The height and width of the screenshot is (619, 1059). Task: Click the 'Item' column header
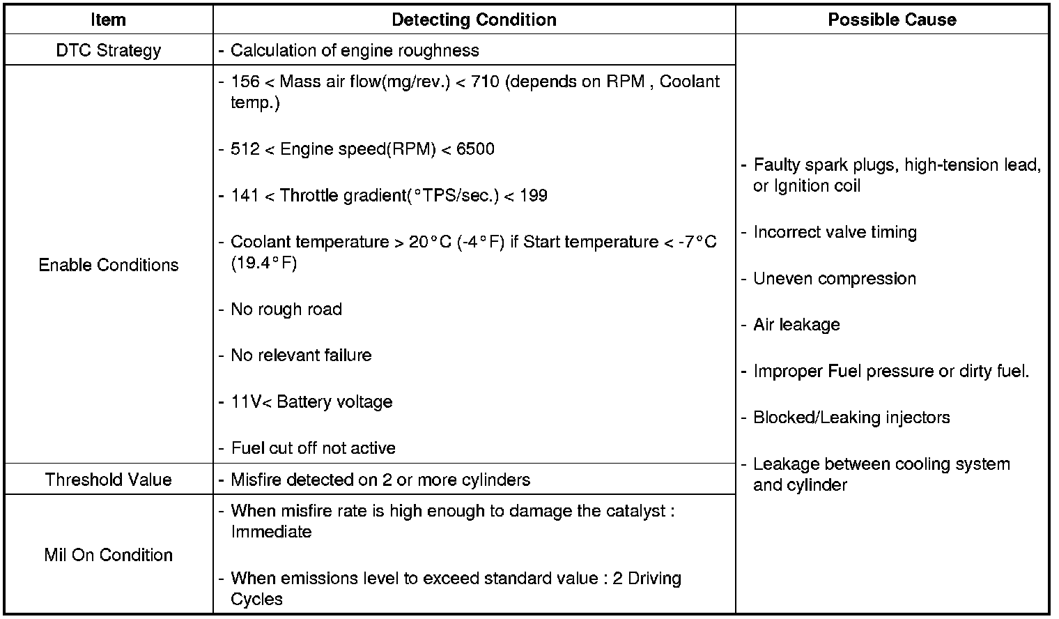pos(108,20)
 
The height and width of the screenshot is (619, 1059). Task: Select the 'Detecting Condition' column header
pos(474,20)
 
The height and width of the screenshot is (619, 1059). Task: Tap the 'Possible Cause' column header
pos(892,20)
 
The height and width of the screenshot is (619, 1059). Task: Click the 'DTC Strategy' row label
pos(108,50)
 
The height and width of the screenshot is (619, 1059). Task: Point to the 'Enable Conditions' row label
pos(108,265)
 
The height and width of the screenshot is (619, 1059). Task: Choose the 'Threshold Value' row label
pos(108,480)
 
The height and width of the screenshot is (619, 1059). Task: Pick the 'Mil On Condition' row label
pos(108,555)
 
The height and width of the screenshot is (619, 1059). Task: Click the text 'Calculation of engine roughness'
pos(355,50)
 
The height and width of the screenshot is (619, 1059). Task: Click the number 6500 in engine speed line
pos(475,149)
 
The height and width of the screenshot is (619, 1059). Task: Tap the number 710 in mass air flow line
pos(485,82)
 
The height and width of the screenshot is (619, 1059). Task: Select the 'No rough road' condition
pos(286,309)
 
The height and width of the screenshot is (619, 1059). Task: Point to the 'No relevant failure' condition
pos(301,356)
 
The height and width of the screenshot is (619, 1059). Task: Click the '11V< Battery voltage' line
pos(311,402)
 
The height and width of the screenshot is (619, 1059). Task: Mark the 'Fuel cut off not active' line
pos(313,448)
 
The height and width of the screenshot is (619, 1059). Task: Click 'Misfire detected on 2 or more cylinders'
pos(380,480)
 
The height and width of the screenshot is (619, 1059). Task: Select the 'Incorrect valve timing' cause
pos(835,232)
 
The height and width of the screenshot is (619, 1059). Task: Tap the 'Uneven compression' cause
pos(835,279)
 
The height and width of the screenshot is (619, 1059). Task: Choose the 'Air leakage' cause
pos(796,325)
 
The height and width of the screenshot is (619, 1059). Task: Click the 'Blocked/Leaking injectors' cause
pos(851,418)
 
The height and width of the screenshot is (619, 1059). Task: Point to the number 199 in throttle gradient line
pos(533,196)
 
